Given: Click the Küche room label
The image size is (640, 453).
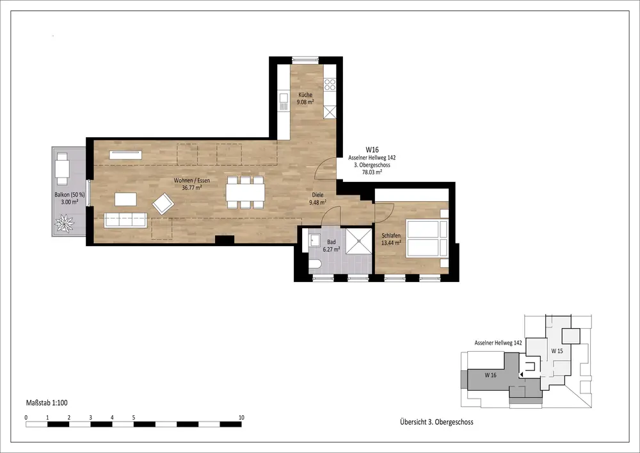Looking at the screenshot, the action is pos(305,95).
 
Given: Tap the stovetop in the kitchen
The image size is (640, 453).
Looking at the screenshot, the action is pos(330,85).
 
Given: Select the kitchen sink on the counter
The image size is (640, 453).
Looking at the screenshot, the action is pos(284,102).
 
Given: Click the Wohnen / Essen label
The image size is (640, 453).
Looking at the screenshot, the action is pos(192,181).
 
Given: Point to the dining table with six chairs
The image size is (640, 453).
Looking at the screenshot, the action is pos(246,192).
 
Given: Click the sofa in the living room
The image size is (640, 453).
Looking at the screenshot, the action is pos(125,220).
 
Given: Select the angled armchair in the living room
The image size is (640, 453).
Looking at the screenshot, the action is pos(163,203).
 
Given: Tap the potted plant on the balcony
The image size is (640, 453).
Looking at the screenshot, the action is pos(65,224).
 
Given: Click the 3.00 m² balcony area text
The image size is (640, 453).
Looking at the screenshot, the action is pos(70,202).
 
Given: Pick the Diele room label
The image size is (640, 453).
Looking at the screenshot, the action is pos(317,195).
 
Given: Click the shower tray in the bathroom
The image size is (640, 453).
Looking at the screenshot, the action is pos(359,241).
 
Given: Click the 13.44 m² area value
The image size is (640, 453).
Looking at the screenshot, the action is pos(391,243).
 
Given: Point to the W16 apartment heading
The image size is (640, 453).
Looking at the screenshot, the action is pos(372,150).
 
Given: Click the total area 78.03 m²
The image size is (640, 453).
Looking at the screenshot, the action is pos(372,172).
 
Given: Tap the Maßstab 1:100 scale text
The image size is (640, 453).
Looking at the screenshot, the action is pos(47,403).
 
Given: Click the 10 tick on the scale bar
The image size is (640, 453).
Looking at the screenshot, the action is pos(241,418).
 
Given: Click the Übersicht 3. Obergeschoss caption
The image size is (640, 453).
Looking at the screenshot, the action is pos(436,422).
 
